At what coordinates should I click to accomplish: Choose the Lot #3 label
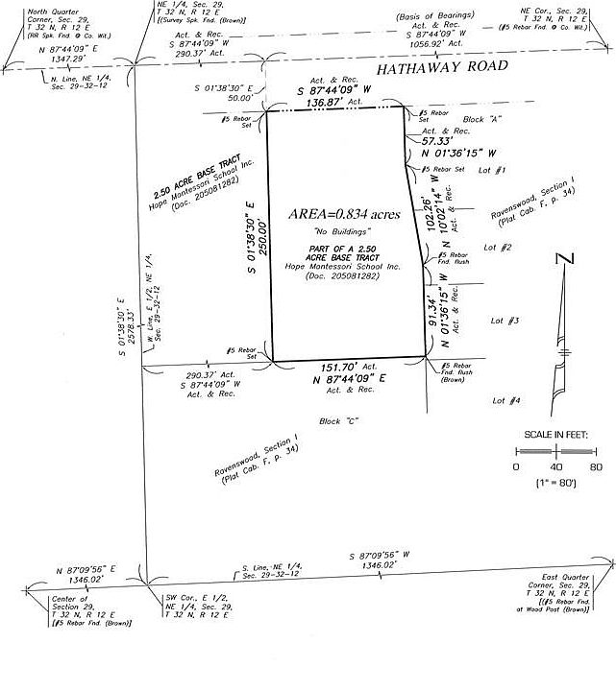tap(505, 321)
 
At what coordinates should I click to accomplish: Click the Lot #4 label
tap(506, 400)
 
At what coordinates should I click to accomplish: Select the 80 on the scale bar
tap(596, 466)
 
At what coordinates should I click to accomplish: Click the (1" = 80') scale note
tap(555, 485)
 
